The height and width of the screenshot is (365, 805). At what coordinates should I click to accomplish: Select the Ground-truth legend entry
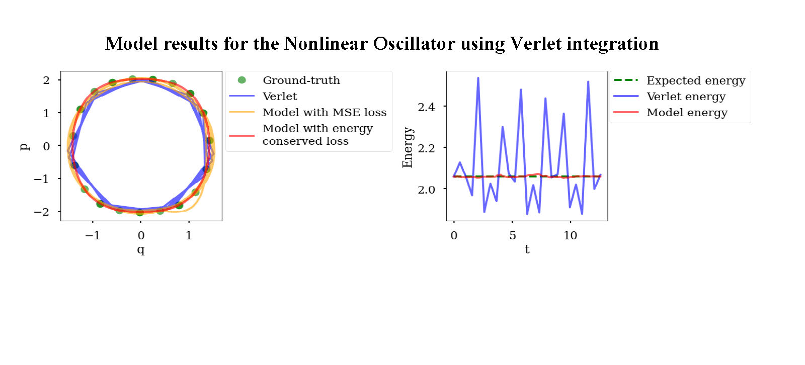coord(301,80)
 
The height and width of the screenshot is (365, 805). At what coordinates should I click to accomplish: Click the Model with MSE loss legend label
coord(324,113)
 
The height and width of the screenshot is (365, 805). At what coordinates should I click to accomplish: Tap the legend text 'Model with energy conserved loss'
coord(317,135)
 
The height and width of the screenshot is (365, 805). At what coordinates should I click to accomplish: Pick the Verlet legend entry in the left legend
coord(280,97)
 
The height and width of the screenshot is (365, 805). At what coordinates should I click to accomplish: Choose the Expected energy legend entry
coord(695,80)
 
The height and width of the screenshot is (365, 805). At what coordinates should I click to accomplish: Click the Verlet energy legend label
coord(686,97)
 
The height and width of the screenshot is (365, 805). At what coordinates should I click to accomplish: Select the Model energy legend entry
coord(687,113)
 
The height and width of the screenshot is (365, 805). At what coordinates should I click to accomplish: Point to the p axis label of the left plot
coord(24,146)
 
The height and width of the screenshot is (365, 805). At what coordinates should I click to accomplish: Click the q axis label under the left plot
coord(141,249)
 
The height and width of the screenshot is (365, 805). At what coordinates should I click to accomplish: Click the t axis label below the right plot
coord(527,249)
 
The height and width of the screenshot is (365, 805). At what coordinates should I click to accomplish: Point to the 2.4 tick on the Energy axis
coord(426,107)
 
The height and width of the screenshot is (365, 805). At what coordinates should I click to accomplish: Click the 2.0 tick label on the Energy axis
coord(426,190)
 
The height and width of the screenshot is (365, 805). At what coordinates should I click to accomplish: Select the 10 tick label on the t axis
coord(570,235)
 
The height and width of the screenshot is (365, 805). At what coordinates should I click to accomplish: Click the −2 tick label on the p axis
coord(42,212)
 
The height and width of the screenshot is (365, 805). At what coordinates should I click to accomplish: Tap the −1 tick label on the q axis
coord(93,235)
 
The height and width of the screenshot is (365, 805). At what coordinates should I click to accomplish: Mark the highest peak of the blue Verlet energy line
coord(478,78)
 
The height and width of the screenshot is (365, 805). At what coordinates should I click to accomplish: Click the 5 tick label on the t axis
coord(512,235)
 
